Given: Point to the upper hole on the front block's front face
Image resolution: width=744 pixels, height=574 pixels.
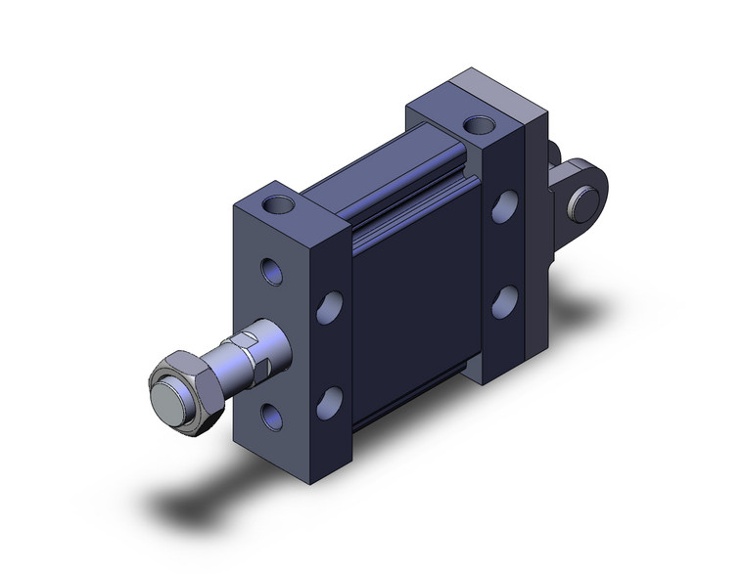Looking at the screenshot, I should pos(271,270).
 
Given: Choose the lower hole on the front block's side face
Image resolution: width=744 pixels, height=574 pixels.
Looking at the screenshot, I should pos(333,399).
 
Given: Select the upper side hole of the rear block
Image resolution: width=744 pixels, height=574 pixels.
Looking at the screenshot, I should pos(506,207).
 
